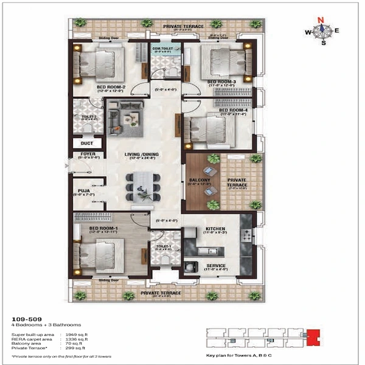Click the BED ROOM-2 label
pos(111,87)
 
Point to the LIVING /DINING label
pos(142,155)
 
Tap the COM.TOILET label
pos(165,49)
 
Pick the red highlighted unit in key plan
pos(313,335)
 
